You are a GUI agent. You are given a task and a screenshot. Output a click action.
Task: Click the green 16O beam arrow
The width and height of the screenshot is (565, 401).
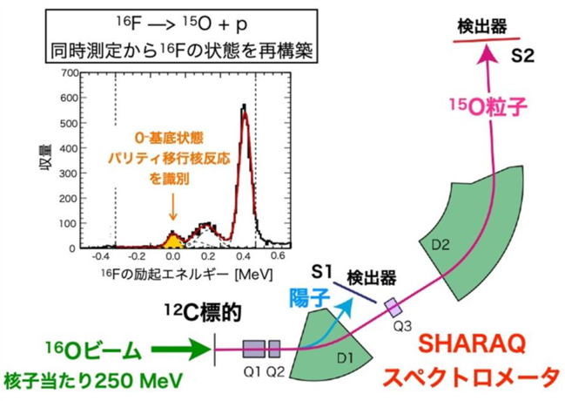coord(181,349)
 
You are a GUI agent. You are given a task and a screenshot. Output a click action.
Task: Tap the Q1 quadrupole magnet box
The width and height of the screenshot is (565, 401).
coord(253,349)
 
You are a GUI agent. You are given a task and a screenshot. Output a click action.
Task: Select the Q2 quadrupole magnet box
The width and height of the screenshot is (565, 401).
coord(274,349)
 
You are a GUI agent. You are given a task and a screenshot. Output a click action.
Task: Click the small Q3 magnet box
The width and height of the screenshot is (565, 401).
coord(393,307)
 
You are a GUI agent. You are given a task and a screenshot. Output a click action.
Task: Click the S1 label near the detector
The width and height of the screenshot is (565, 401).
coord(322,272)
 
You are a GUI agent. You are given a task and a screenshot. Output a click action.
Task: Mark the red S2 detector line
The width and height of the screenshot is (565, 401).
coord(487,40)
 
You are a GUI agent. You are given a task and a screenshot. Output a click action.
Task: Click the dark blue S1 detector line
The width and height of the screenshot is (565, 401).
coord(355,292)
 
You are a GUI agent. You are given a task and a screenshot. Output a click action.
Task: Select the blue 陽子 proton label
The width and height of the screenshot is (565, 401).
coord(310,298)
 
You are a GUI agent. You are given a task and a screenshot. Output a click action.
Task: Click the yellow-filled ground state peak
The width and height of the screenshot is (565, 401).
coord(173,241)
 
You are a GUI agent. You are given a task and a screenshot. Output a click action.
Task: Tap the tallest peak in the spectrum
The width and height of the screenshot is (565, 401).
coord(245,108)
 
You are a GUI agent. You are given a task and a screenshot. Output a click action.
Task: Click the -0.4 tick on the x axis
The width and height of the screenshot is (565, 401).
coord(100,256)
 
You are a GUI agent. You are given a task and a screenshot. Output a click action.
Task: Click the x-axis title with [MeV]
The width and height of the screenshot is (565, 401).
coord(186,275)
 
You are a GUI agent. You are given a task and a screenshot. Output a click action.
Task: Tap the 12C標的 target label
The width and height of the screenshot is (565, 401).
coord(203,313)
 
